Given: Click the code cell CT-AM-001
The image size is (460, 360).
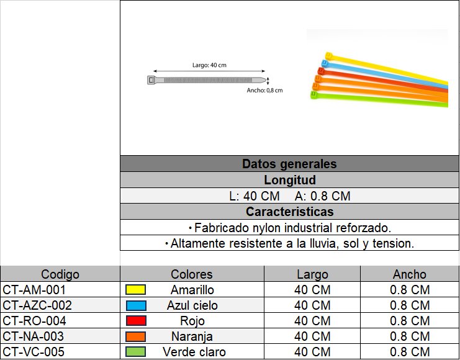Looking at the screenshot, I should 35,290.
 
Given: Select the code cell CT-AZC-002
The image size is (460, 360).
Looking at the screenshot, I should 38,305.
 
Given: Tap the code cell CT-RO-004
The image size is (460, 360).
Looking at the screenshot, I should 35,321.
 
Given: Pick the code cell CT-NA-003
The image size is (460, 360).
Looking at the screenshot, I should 35,336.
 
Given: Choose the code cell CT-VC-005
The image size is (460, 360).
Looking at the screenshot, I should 35,352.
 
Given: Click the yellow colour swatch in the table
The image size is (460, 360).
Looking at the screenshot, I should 135,290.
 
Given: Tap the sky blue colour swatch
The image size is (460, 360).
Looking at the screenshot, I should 135,305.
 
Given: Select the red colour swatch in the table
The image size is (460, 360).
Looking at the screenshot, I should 135,321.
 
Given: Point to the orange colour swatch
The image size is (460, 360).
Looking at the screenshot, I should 135,336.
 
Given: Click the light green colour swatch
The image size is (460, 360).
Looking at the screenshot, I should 135,352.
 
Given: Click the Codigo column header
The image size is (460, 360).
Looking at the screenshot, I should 60,274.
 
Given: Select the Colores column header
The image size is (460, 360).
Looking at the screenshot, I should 192,274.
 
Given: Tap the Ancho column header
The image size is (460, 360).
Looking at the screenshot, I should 410,274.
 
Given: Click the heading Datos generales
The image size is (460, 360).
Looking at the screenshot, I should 289,164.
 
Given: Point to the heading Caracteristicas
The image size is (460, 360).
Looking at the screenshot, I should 289,212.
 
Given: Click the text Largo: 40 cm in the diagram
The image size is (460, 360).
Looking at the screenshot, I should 209,65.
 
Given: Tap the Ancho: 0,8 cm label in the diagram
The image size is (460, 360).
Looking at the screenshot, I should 264,91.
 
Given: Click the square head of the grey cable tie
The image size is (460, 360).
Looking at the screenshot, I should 152,80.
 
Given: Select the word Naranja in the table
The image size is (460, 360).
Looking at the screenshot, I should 192,336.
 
